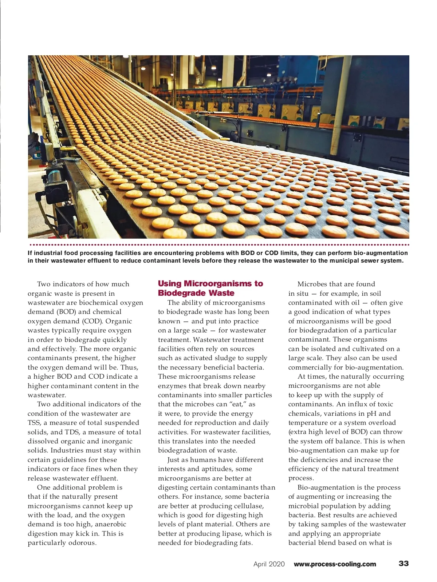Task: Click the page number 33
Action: pos(403,563)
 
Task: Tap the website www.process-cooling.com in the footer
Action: pos(335,564)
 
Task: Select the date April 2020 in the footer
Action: pos(269,564)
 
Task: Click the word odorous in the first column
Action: pos(83,543)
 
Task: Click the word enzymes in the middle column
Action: pos(171,386)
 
